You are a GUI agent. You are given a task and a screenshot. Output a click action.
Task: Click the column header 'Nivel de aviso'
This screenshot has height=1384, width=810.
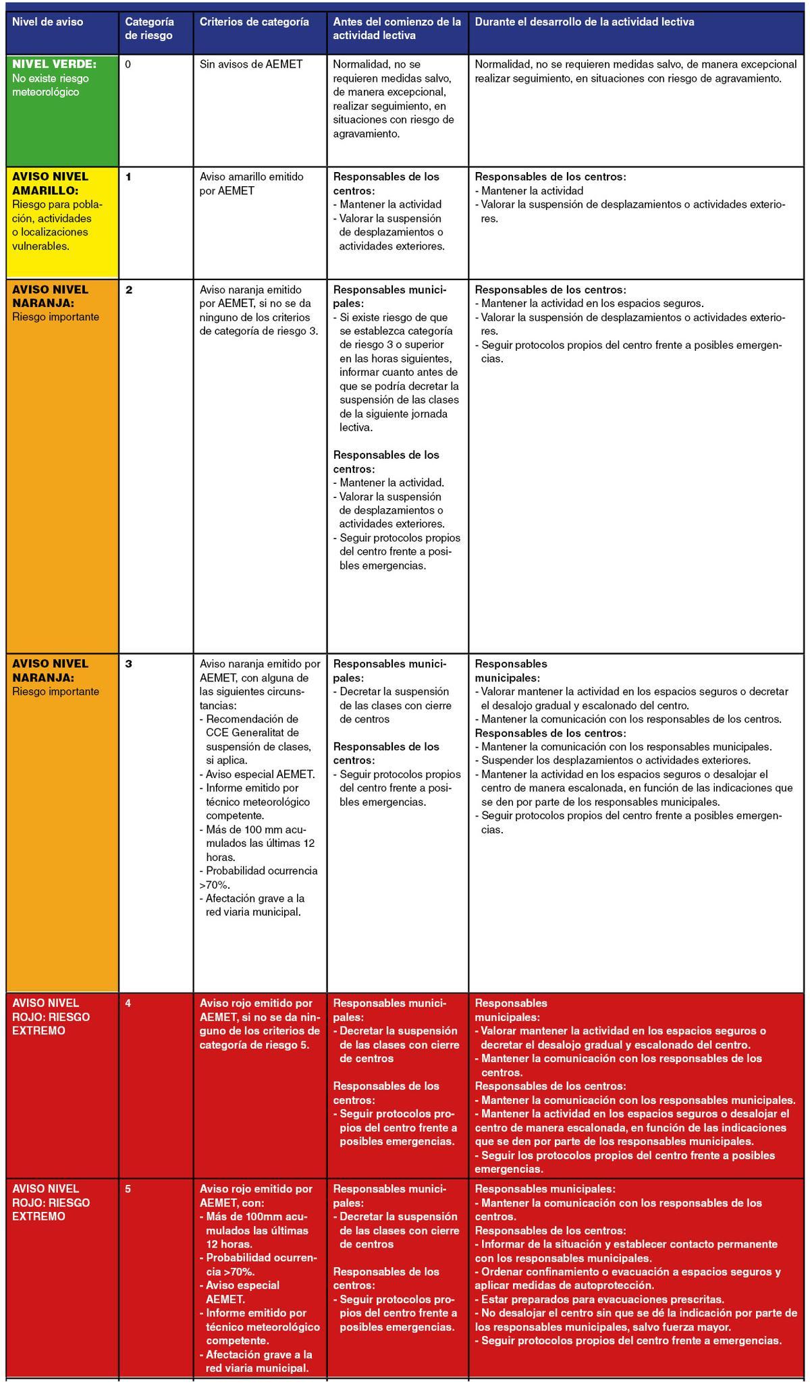[48, 22]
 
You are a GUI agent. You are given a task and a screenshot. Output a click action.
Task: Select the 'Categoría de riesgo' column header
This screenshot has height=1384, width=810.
[149, 28]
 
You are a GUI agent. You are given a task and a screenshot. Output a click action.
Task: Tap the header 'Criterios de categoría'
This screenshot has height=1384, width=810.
[254, 22]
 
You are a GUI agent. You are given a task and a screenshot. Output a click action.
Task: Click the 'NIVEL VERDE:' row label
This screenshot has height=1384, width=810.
[54, 64]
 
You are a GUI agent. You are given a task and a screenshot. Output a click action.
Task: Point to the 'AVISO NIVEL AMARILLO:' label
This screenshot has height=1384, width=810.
[50, 184]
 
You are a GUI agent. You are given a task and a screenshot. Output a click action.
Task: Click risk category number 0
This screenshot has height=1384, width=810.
[128, 65]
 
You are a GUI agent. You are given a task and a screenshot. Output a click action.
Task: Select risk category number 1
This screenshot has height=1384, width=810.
[128, 177]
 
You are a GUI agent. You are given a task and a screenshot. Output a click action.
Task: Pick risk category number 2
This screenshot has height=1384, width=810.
[129, 289]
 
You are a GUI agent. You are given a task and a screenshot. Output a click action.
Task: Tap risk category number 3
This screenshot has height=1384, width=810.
[129, 663]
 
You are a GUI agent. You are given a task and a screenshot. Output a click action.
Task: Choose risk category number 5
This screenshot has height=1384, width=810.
[128, 1189]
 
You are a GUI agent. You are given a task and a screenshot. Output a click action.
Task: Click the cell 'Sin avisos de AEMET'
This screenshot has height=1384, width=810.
[251, 65]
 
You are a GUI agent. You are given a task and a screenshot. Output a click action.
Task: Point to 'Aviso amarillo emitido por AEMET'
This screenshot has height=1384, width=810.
[251, 184]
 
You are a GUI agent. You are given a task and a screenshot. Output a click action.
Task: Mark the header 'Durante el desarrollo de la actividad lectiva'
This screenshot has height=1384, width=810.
[585, 22]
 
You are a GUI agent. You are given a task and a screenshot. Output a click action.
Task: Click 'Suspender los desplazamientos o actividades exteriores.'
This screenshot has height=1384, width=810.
[615, 760]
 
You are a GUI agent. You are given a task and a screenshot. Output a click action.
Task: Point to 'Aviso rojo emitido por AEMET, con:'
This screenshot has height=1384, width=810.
[256, 1196]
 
